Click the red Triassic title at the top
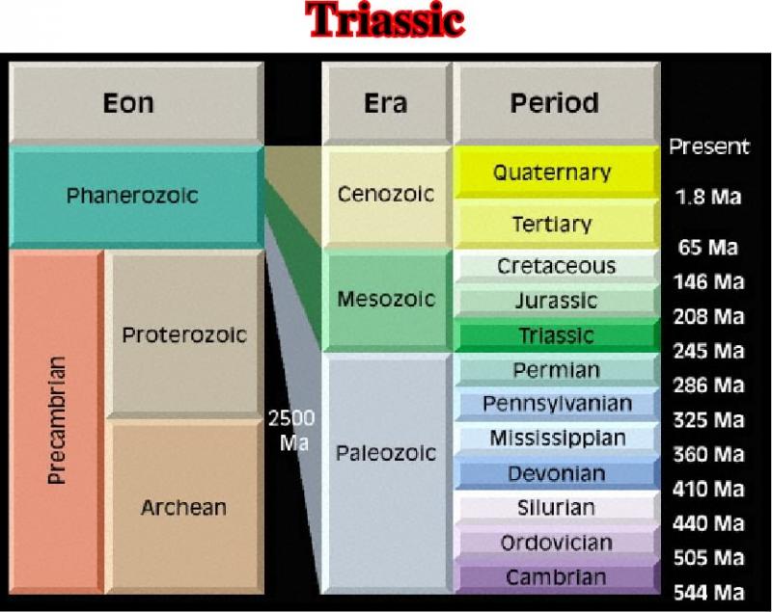point(385,20)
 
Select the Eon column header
point(136,103)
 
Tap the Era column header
point(387,103)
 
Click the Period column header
point(557,103)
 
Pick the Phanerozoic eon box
point(136,197)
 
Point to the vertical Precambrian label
point(57,421)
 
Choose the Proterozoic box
point(184,334)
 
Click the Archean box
point(184,506)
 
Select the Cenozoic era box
point(387,195)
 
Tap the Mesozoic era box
point(387,300)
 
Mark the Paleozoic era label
point(386,453)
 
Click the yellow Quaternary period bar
point(557,173)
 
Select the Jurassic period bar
point(557,301)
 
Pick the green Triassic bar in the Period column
point(557,335)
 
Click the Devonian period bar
point(557,473)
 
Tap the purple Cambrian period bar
point(557,577)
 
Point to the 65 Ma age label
point(708,248)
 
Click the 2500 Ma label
point(292,431)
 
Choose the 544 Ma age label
point(708,593)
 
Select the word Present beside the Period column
point(709,146)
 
